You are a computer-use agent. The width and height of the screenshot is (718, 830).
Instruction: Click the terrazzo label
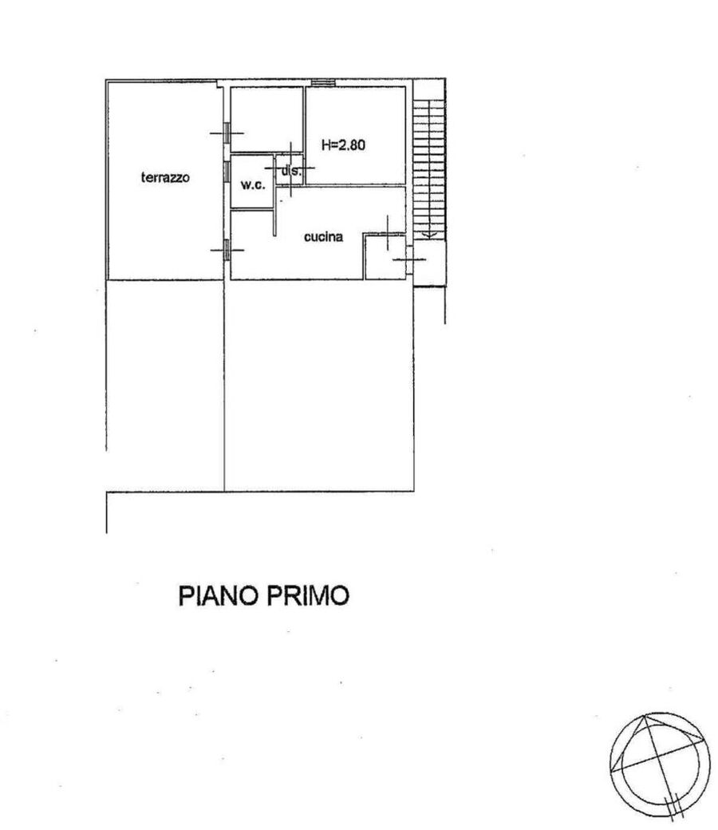tap(165, 177)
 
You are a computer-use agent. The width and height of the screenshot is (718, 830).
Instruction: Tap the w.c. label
tap(253, 185)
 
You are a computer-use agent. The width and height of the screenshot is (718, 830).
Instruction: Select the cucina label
tap(323, 236)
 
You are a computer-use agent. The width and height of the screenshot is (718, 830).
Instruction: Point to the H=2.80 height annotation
tap(343, 144)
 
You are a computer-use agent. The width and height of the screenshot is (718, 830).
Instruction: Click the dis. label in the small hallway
tap(291, 171)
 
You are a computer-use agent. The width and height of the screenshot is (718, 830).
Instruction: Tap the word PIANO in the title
tap(218, 595)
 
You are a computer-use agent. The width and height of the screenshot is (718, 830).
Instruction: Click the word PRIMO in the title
tap(307, 595)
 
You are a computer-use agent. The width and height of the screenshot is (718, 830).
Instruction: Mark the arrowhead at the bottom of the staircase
tap(428, 233)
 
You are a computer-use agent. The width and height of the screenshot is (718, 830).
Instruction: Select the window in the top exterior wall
tap(323, 82)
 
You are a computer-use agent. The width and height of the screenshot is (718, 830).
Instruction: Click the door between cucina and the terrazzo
tap(227, 250)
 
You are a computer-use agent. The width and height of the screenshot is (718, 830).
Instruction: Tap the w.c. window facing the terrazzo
tap(227, 171)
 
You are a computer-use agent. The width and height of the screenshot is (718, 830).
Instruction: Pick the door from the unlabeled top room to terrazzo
tap(227, 132)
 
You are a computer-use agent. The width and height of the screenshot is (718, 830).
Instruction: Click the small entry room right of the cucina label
tap(385, 257)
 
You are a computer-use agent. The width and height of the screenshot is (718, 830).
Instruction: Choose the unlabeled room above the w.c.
tap(266, 119)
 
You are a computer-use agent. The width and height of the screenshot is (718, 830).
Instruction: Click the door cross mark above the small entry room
tap(388, 233)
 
